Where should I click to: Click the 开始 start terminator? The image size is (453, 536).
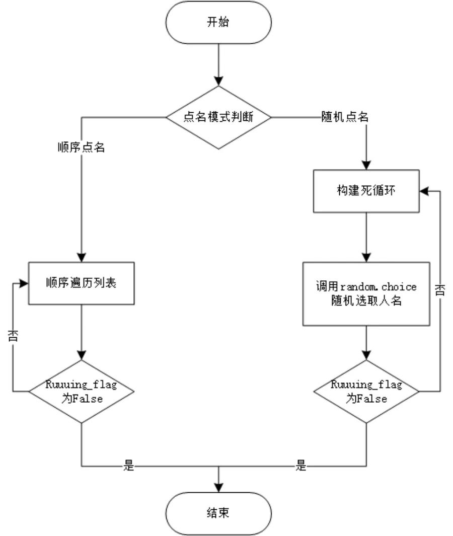point(219,24)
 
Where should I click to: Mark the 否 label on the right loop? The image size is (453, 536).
point(440,291)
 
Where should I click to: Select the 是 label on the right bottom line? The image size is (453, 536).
point(301,466)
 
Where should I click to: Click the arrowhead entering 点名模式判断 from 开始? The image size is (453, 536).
point(219,81)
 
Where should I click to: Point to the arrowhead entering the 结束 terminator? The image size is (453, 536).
point(219,488)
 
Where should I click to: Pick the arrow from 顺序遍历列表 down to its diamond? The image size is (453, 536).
point(81,332)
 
